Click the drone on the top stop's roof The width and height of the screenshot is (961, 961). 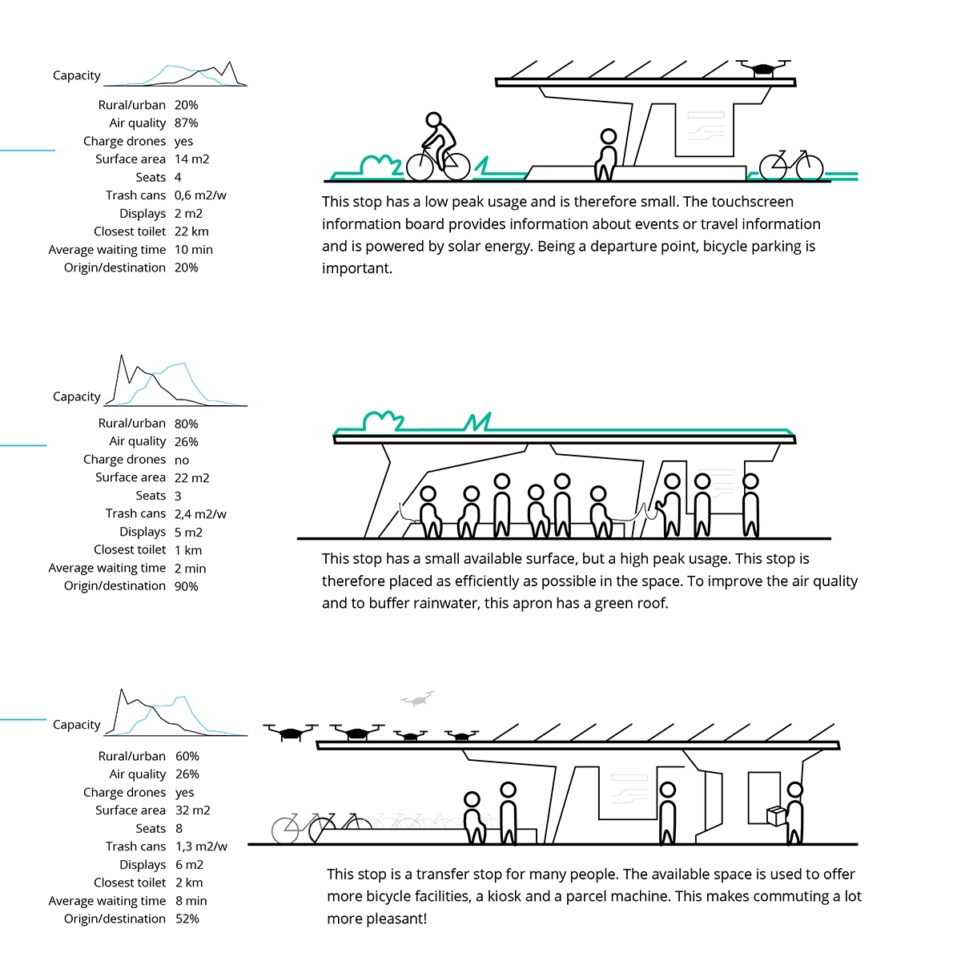point(762,67)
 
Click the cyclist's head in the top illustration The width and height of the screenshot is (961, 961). point(433,120)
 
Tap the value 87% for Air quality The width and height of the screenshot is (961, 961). point(186,123)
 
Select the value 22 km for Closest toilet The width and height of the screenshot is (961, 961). point(191,231)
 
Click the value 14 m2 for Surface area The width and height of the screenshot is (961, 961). point(191,159)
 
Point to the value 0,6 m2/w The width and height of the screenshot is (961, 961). point(200,195)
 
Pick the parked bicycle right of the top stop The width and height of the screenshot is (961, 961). point(790,166)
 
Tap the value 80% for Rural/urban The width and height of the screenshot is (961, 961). point(186,424)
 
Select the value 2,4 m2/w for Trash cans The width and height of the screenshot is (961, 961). point(200,514)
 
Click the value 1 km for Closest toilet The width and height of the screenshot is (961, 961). point(188,550)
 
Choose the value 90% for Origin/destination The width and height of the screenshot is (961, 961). point(186,586)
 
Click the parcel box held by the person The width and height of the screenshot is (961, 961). point(776,815)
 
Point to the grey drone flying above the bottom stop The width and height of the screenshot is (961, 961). point(416,699)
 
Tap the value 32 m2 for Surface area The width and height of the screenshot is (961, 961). point(192,810)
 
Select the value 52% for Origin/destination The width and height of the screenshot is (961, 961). point(187,919)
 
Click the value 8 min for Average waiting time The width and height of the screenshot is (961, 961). point(191,901)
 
